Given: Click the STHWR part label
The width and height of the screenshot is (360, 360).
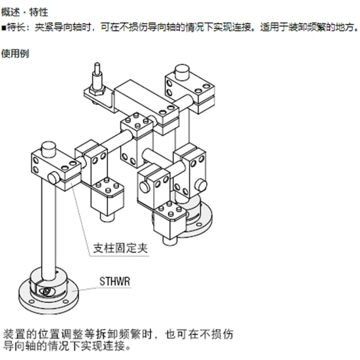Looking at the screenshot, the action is [x=115, y=281].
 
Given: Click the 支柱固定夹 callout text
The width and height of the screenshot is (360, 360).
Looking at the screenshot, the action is [x=120, y=248].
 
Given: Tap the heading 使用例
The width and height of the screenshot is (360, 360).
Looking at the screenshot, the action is [x=15, y=53].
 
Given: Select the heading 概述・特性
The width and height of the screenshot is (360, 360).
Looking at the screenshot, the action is [x=25, y=12].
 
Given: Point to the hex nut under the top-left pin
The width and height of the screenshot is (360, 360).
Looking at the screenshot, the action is [x=98, y=90].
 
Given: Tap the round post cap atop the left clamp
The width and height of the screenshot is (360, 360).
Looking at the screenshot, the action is [x=49, y=148].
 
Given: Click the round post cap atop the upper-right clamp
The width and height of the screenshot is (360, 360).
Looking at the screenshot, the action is [x=182, y=71].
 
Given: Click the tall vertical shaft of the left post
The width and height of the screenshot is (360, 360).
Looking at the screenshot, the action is [x=49, y=227].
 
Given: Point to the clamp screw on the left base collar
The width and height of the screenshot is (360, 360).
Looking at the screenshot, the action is [x=47, y=292].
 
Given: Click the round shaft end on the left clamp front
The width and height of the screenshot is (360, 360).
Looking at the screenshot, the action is [x=53, y=178].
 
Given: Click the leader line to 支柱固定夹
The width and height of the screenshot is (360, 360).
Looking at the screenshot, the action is [x=81, y=220].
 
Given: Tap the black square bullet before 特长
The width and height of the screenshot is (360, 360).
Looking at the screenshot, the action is [x=4, y=28].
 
